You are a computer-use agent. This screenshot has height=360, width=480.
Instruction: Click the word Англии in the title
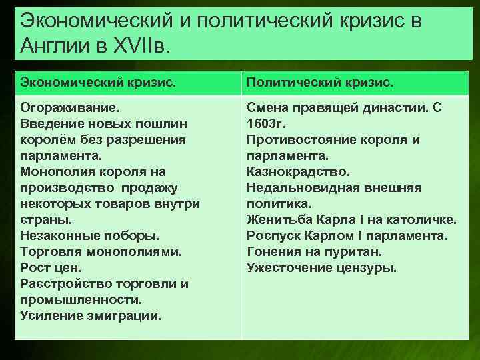pyautogui.click(x=51, y=47)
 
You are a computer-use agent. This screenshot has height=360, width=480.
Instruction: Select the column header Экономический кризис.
pyautogui.click(x=99, y=83)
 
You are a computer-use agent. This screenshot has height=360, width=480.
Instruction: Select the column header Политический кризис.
pyautogui.click(x=320, y=83)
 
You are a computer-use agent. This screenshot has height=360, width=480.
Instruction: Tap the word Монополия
pyautogui.click(x=60, y=172)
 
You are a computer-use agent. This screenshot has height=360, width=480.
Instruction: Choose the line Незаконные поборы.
pyautogui.click(x=89, y=236)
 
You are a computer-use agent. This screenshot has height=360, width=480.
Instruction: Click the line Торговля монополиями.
pyautogui.click(x=101, y=252)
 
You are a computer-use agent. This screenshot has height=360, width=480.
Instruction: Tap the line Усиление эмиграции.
pyautogui.click(x=91, y=316)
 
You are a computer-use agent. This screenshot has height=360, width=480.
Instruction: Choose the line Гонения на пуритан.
pyautogui.click(x=314, y=252)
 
